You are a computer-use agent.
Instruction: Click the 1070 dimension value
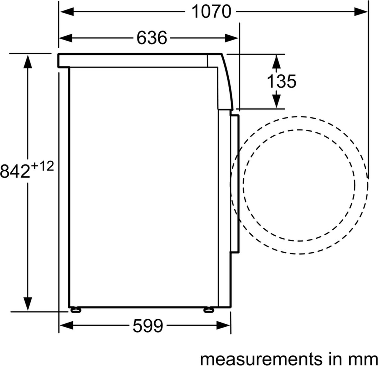[211, 12]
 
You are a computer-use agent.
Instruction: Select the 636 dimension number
[152, 38]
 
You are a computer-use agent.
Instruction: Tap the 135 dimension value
[282, 81]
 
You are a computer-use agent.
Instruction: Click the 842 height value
[15, 171]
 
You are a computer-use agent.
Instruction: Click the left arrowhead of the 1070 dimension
[67, 12]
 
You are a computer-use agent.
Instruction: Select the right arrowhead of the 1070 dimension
[361, 12]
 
